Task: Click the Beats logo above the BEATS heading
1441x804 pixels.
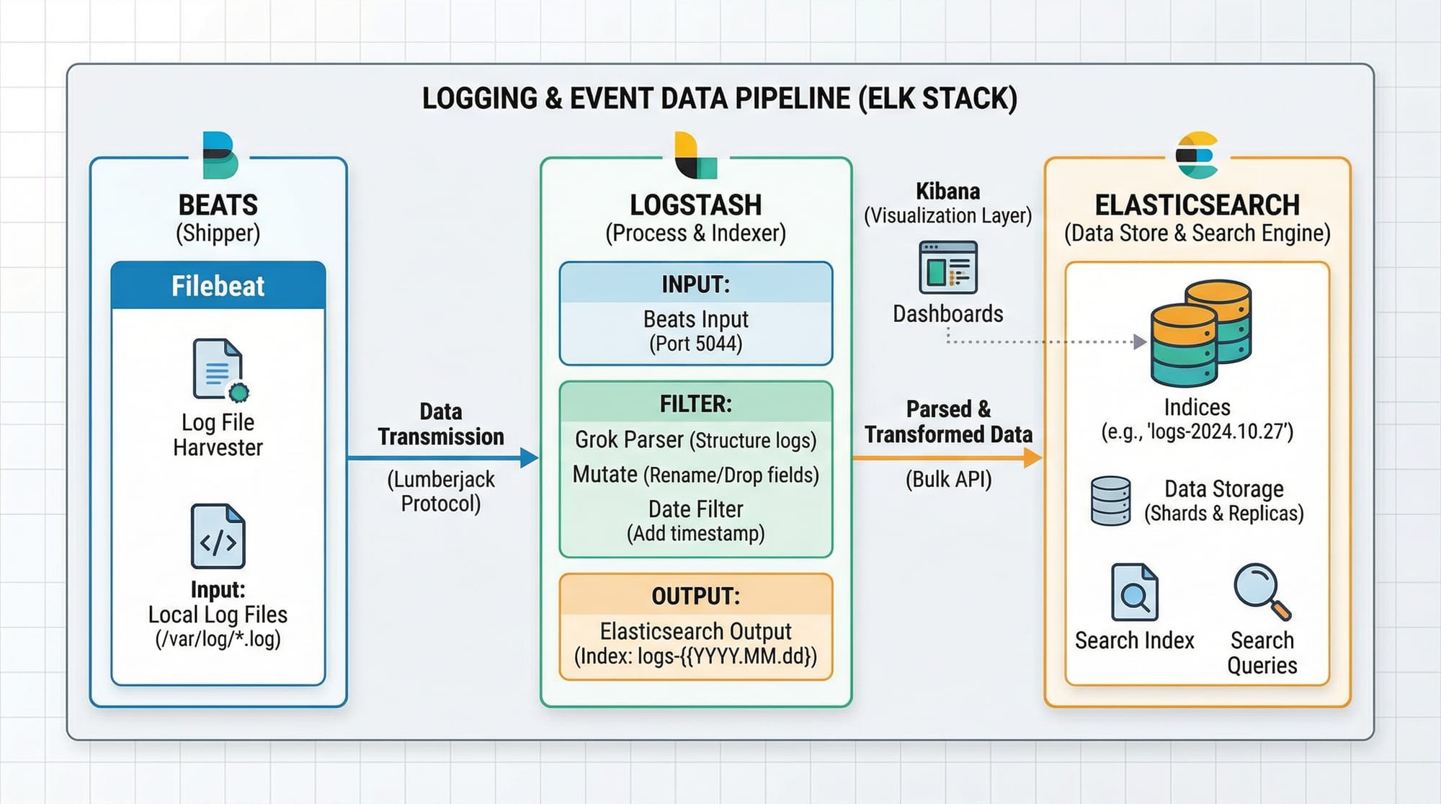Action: [x=219, y=155]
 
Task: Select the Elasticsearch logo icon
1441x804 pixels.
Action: [x=1197, y=155]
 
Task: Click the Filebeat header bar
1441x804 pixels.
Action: [x=218, y=286]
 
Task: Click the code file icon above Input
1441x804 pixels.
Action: [x=218, y=537]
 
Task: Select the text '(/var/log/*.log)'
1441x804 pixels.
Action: [x=218, y=639]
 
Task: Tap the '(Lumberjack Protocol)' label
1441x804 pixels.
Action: [x=441, y=491]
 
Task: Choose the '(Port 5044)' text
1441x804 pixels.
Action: [x=695, y=344]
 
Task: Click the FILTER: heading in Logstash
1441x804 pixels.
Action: [x=695, y=403]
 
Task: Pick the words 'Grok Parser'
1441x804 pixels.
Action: [x=629, y=439]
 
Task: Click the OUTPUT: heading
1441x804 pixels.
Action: [x=695, y=596]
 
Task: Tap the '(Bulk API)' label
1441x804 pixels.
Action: [x=948, y=480]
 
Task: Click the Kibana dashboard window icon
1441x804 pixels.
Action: [x=948, y=267]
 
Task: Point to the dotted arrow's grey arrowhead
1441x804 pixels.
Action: [x=1140, y=341]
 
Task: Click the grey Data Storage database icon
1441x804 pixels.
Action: [x=1110, y=501]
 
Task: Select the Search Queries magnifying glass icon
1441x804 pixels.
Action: [x=1262, y=591]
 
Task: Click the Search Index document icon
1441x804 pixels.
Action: [x=1134, y=592]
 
